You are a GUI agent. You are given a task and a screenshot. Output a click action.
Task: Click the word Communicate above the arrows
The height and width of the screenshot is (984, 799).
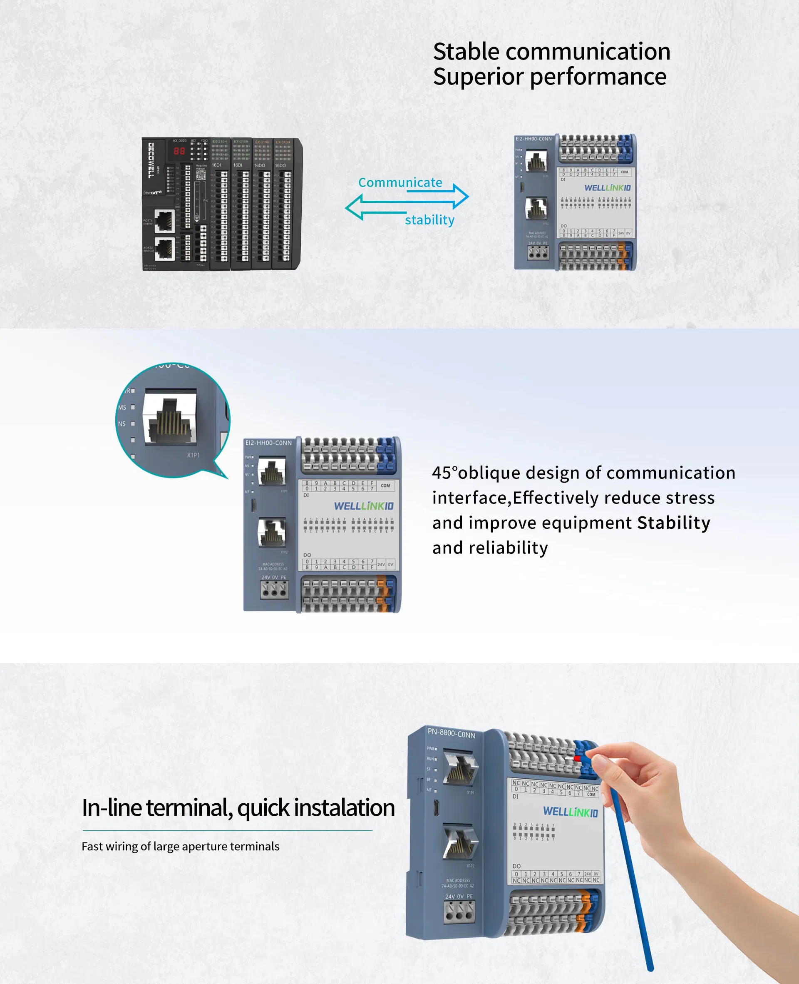[400, 182]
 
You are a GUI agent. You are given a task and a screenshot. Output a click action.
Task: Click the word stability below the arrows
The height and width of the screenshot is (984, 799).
[429, 220]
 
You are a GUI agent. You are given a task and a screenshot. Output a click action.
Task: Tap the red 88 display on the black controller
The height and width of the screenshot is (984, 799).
[179, 151]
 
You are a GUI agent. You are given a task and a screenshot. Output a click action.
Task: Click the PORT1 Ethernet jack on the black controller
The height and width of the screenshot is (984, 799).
[164, 220]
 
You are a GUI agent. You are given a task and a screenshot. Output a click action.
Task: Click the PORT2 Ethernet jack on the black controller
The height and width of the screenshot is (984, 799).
[164, 248]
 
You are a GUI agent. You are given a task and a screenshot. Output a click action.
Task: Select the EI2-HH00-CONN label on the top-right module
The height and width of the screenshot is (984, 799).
[533, 139]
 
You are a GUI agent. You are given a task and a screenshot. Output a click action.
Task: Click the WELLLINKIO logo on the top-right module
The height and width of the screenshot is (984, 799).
[607, 188]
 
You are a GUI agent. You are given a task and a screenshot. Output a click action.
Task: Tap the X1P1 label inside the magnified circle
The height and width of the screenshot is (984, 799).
[194, 455]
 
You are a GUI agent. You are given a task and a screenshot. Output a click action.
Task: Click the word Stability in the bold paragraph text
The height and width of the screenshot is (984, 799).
[673, 523]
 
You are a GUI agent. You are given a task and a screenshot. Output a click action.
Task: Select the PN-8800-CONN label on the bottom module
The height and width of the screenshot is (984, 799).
[451, 732]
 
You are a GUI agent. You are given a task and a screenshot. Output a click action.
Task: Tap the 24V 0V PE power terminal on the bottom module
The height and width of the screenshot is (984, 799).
[459, 912]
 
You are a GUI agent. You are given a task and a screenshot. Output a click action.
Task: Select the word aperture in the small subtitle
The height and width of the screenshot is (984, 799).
[205, 846]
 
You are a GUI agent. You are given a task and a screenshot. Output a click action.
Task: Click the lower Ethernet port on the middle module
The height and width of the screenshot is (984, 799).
[272, 532]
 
